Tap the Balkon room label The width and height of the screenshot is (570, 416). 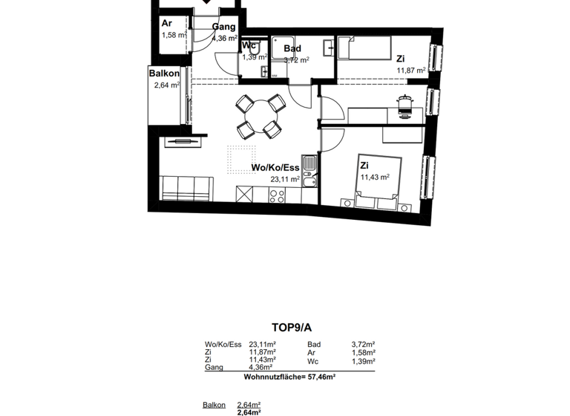pos(163,74)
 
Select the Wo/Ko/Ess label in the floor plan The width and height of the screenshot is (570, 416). pos(275,168)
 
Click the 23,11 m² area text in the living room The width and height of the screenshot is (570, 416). pos(285,179)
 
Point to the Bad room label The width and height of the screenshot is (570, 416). pos(292,49)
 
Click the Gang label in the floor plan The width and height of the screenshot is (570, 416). pos(223,27)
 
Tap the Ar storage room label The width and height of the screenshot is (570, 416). pos(167,23)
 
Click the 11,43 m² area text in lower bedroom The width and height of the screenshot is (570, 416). pos(375,178)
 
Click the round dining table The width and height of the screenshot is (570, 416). pos(255,115)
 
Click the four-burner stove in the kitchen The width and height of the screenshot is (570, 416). pos(277,195)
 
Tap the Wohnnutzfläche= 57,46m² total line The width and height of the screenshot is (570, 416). pos(289,377)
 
